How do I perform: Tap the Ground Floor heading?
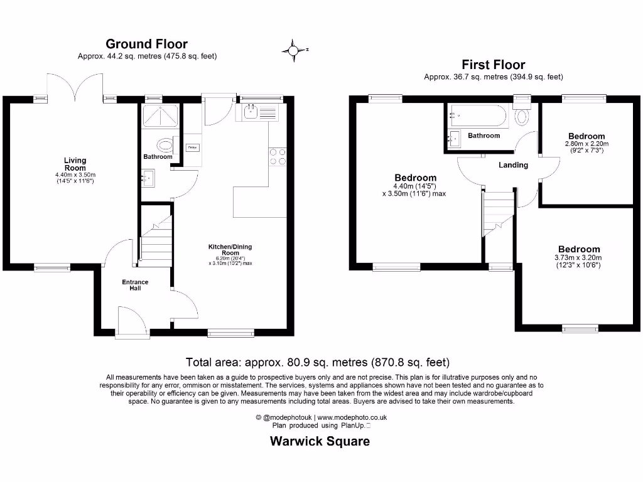pyautogui.click(x=146, y=44)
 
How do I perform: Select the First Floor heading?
pyautogui.click(x=493, y=65)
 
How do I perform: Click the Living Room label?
pyautogui.click(x=75, y=164)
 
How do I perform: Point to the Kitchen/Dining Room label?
pyautogui.click(x=230, y=250)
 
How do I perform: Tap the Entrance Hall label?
pyautogui.click(x=135, y=285)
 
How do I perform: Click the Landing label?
pyautogui.click(x=513, y=165)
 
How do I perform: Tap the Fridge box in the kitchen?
pyautogui.click(x=192, y=147)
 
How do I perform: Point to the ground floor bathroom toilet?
pyautogui.click(x=165, y=146)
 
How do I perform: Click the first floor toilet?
pyautogui.click(x=521, y=117)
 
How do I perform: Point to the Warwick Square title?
pyautogui.click(x=320, y=441)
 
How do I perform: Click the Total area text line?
pyautogui.click(x=317, y=362)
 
